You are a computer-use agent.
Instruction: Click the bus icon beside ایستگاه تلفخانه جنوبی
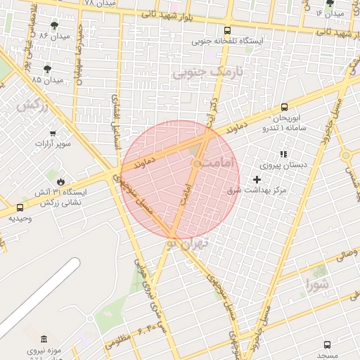[226, 30]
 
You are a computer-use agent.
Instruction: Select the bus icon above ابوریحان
[284, 107]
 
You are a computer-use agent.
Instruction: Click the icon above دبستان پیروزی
[283, 154]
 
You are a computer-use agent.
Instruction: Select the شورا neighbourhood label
[317, 285]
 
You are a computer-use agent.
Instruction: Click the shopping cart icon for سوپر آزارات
[53, 133]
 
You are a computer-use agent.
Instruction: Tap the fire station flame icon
[60, 181]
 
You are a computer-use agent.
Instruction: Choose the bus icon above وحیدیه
[20, 207]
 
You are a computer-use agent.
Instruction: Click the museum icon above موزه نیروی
[44, 339]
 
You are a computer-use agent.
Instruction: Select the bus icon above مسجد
[327, 345]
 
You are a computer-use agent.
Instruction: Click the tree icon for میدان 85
[47, 68]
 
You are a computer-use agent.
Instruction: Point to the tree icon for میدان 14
[330, 4]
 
